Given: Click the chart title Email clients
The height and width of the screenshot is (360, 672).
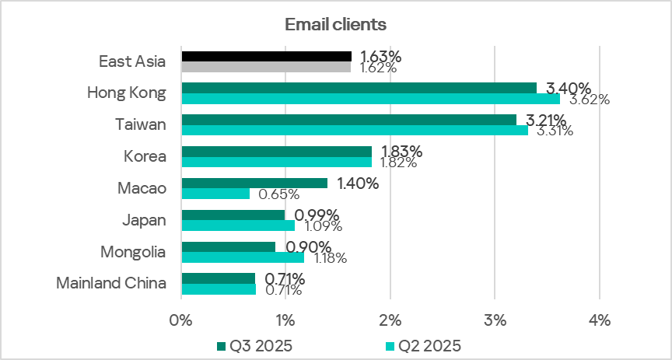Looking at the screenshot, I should [335, 24].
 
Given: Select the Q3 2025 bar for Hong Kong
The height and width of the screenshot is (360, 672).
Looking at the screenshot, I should [359, 88].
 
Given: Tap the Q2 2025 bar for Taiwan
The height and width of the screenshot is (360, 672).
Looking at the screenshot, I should [354, 130].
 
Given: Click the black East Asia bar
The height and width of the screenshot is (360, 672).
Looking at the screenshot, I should [266, 56].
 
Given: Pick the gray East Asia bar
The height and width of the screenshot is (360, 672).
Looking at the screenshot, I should [266, 67].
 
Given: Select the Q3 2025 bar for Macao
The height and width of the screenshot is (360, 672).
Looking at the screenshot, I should [254, 183].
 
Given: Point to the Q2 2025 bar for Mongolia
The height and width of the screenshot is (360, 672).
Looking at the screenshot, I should [243, 257].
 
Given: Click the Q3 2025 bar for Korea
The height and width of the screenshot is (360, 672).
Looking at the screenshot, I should [276, 151].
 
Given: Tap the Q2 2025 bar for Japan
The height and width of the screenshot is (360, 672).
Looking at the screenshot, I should [238, 225].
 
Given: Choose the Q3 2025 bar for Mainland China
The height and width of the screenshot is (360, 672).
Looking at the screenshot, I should [218, 278].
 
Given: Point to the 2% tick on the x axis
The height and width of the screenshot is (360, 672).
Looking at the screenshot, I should [390, 320].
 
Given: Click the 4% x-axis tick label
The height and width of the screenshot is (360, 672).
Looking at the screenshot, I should [600, 320].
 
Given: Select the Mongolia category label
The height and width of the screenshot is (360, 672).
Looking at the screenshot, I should [133, 251].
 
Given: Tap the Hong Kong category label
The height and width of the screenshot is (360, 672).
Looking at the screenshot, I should [127, 93].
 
